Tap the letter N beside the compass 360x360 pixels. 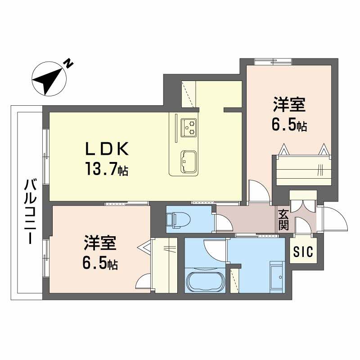(69, 63)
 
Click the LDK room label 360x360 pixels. (108, 148)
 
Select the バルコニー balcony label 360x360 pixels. (30, 211)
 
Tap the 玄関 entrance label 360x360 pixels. (283, 219)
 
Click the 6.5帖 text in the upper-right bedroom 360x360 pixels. (289, 125)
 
